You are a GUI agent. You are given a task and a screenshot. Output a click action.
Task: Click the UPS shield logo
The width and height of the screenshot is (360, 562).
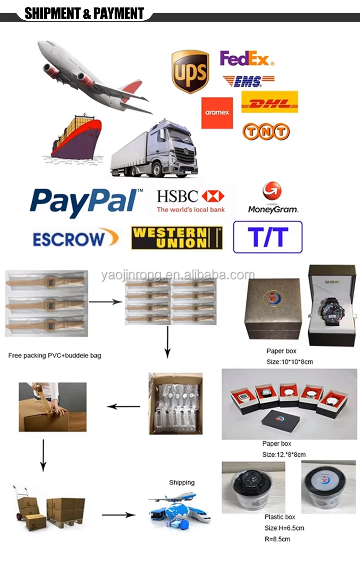190,72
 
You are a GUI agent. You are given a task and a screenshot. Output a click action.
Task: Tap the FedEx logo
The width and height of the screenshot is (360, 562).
247,59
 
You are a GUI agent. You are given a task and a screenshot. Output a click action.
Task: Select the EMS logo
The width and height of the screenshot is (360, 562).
248,81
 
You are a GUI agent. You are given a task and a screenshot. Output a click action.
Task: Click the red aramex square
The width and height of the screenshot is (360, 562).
217,113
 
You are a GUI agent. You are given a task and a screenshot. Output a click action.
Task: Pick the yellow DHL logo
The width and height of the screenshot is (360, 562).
269,102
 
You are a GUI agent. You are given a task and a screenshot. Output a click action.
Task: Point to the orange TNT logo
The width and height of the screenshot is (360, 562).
266,132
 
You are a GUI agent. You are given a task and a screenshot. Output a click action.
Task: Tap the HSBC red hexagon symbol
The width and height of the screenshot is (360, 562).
213,196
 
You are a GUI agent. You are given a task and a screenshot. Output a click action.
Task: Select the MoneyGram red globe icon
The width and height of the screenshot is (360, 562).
272,191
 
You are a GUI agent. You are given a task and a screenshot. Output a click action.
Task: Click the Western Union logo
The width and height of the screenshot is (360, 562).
177,238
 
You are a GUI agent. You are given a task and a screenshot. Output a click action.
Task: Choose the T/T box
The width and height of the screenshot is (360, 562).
267,237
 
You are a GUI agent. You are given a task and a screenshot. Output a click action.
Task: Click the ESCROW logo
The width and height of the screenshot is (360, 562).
75,238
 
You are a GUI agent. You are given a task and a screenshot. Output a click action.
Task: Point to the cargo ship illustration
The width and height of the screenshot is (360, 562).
77,137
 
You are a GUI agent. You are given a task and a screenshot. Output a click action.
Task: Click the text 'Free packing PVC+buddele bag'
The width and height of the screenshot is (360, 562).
55,356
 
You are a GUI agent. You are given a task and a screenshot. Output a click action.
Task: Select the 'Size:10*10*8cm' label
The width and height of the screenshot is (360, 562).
289,361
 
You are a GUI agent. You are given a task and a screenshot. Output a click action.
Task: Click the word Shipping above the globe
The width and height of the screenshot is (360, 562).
181,482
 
